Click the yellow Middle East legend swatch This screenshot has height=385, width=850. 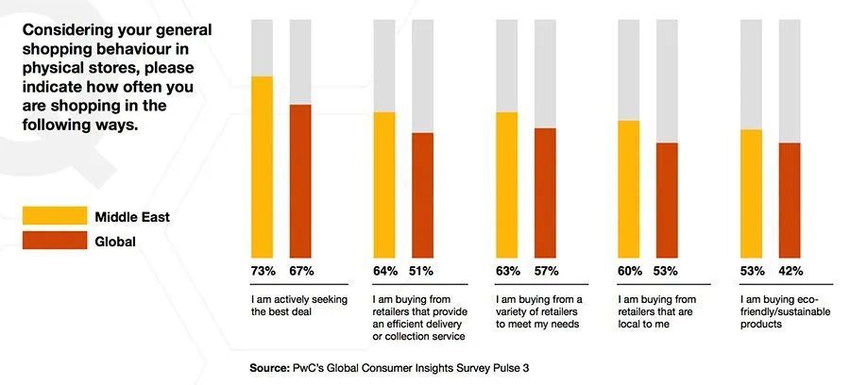[x=53, y=217]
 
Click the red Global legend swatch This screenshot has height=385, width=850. [x=53, y=242]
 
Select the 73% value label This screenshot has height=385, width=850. [x=262, y=272]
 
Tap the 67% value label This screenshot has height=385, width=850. [x=300, y=272]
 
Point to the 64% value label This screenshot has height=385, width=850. [x=384, y=272]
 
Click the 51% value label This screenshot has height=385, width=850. [x=422, y=272]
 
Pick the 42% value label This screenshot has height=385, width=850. [x=790, y=272]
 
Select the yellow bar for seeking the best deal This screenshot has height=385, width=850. [x=262, y=166]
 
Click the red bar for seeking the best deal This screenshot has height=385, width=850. [x=300, y=180]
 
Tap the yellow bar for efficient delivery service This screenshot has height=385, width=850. [x=384, y=184]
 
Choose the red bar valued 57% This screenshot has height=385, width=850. [x=545, y=192]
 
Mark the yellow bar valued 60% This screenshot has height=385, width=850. [x=629, y=189]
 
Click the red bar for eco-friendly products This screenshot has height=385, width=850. [x=790, y=199]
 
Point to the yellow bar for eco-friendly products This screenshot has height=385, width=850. [x=752, y=192]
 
